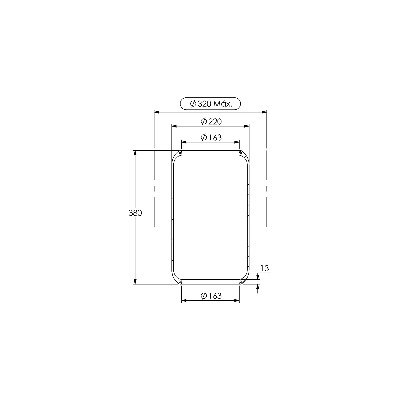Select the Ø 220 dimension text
pos(211,121)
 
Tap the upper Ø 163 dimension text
pos(211,137)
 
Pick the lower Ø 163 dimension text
pos(211,296)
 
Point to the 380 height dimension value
pos(135,213)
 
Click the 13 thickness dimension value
pos(265,268)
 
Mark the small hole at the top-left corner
pos(180,153)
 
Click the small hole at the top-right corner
pos(241,153)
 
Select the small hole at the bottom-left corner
pos(180,282)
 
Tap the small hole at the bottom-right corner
pos(241,282)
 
